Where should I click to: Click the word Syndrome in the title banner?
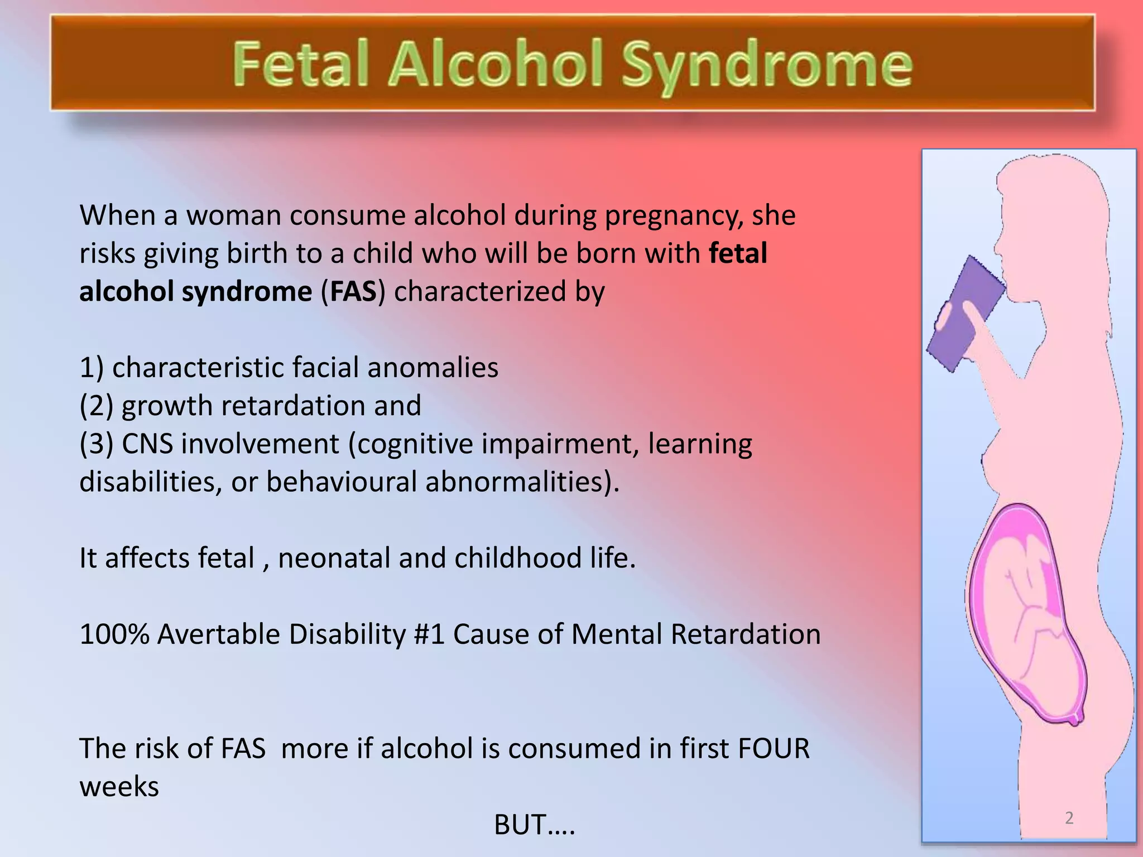click(767, 65)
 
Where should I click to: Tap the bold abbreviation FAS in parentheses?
click(353, 292)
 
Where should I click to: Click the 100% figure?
click(114, 634)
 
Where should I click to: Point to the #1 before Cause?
click(429, 634)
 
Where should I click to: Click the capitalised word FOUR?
click(774, 749)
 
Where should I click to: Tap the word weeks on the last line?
click(119, 787)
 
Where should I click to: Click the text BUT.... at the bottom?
click(534, 824)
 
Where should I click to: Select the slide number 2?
click(1069, 818)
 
